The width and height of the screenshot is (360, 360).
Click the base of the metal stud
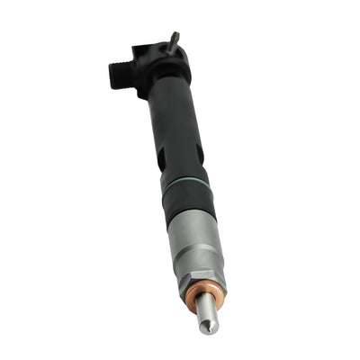click(172, 50)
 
